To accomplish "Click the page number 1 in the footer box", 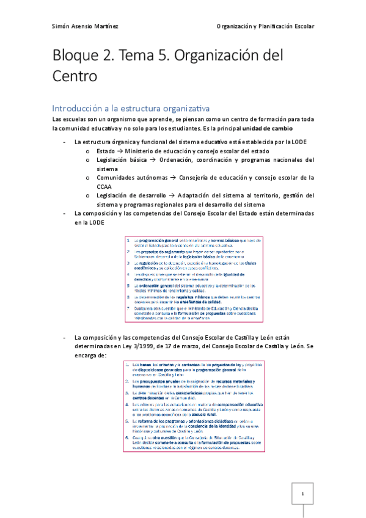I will click(301, 494).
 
